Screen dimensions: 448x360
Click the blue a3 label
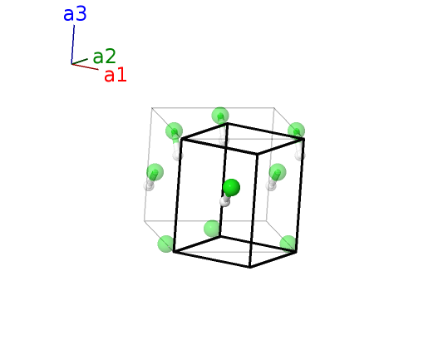point(75,14)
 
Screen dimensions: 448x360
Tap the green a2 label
point(104,57)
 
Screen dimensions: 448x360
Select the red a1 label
point(116,75)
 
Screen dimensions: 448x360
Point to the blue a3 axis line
point(73,44)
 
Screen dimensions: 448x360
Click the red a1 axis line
point(85,67)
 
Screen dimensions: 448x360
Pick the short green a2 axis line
point(80,62)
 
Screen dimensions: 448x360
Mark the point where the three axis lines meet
point(71,64)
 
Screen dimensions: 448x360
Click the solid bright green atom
point(231,188)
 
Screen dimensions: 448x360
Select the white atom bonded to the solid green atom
point(225,201)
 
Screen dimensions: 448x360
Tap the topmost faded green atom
point(220,116)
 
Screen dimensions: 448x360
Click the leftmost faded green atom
point(155,172)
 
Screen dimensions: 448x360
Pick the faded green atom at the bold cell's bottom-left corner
point(166,244)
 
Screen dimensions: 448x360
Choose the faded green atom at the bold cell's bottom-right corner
point(288,244)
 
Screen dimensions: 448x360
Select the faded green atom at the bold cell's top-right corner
point(296,131)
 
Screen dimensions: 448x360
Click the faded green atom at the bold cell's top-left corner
point(174,131)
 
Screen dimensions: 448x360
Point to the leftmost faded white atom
point(149,185)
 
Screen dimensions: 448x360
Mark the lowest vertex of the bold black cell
point(250,268)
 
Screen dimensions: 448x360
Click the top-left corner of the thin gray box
point(152,108)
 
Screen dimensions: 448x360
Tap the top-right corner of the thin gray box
point(274,108)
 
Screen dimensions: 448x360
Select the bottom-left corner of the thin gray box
point(144,220)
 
